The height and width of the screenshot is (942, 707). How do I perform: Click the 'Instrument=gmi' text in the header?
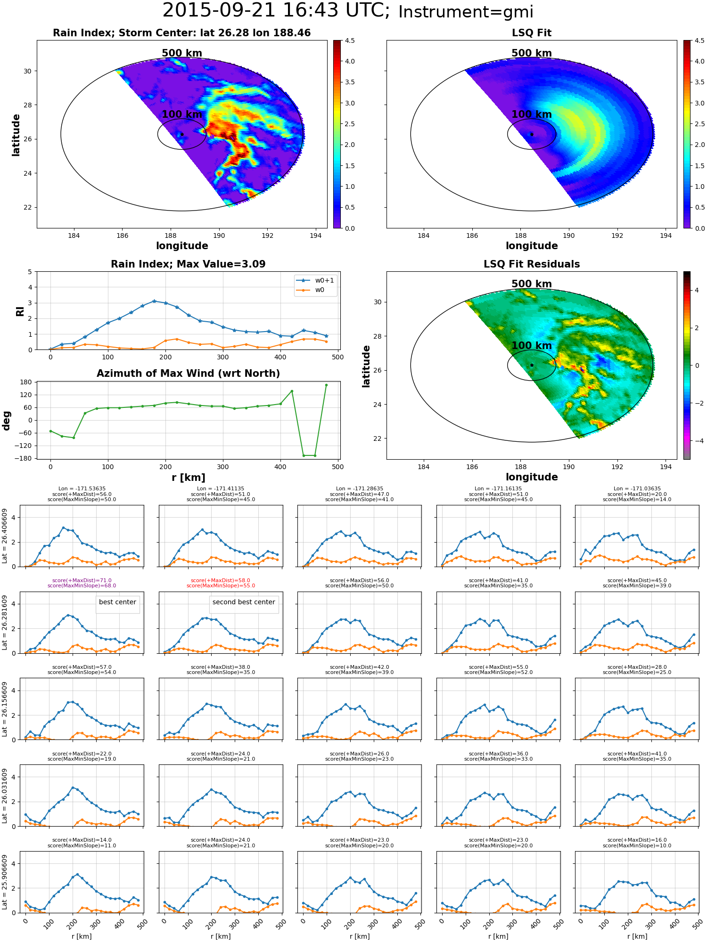(466, 12)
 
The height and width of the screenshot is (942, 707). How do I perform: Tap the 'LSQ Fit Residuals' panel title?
(532, 264)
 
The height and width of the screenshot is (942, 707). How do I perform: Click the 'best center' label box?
(117, 602)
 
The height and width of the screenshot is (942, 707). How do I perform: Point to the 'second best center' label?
(244, 602)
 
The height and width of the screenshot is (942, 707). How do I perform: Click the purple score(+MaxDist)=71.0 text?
(82, 580)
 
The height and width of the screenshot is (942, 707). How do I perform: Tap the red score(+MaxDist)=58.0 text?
(221, 580)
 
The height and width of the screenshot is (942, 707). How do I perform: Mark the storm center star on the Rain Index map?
(182, 135)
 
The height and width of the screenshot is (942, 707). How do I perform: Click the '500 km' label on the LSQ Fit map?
(532, 53)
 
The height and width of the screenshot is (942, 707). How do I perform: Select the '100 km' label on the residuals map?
(532, 346)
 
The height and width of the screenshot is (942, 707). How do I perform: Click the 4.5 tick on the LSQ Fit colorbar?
(699, 41)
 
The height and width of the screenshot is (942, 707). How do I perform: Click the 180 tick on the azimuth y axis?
(26, 382)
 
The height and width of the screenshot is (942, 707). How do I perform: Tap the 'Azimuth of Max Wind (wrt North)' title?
(188, 374)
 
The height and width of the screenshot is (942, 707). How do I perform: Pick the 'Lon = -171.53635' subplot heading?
(82, 489)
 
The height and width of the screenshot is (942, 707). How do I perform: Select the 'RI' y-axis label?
(20, 311)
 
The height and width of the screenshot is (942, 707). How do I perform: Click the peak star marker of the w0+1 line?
(154, 301)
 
